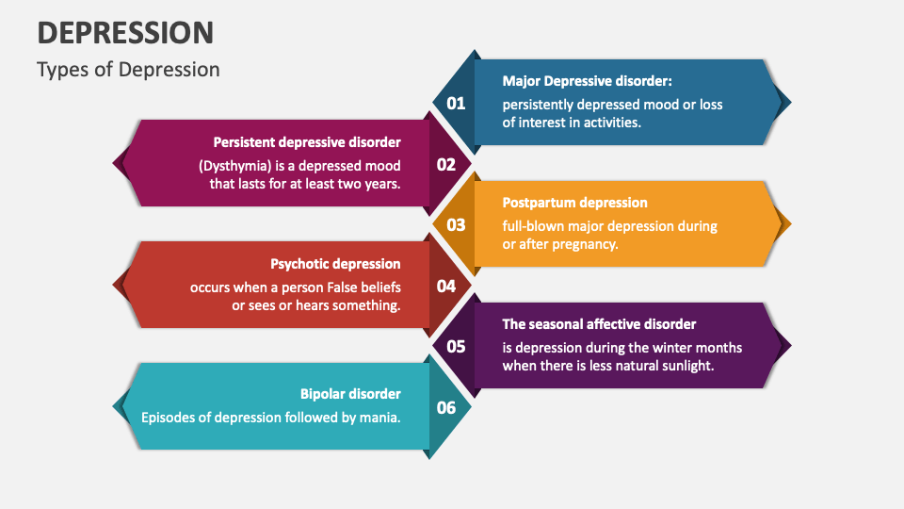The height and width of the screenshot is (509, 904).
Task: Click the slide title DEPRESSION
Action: pos(125,32)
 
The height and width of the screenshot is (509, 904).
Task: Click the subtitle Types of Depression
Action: pos(128,70)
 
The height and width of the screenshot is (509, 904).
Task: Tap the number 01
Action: pos(456,103)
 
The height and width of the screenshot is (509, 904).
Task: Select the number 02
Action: pos(446,164)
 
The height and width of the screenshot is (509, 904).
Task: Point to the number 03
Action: pos(456,224)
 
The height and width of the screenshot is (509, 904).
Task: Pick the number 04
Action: pos(446,286)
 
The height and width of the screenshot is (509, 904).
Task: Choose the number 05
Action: pos(456,346)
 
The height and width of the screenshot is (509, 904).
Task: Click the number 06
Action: pos(446,407)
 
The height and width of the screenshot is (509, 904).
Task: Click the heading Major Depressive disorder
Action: pos(587,81)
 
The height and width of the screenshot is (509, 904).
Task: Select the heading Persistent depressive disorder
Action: pos(307,142)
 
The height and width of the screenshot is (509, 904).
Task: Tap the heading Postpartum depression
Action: pos(574,203)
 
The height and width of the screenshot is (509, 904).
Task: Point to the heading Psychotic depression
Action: pos(335,264)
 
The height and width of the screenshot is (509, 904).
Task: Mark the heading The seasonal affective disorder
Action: pos(599,324)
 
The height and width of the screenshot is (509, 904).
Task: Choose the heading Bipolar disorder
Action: pos(350,394)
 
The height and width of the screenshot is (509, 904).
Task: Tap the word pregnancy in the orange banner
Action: pos(584,244)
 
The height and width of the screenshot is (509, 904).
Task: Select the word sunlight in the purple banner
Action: pos(686,366)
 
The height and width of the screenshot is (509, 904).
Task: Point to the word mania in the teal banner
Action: pos(381,417)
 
